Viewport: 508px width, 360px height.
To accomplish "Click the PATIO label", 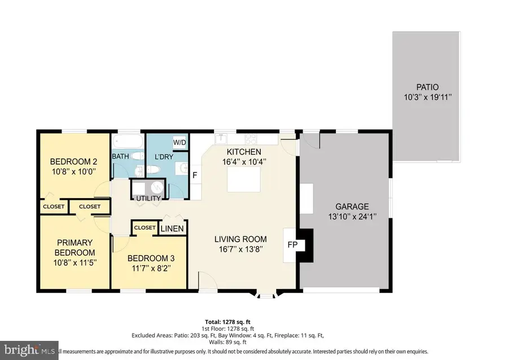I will point(427,87).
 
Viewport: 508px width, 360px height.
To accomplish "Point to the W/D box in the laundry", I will point(179,142).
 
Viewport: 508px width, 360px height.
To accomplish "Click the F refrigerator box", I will point(195,175).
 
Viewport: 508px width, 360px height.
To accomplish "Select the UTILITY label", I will point(148,199).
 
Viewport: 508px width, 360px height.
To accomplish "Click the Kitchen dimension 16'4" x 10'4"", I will point(243,162).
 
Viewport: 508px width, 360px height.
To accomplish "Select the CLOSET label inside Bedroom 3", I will point(144,227).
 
